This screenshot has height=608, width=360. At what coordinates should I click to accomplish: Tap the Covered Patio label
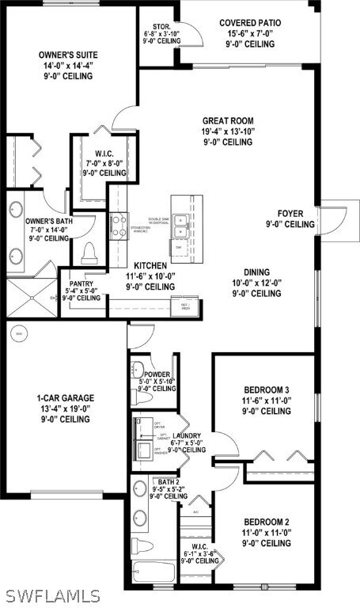249,23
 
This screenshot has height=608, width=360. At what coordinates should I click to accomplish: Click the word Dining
256,271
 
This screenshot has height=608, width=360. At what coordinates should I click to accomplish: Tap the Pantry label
83,283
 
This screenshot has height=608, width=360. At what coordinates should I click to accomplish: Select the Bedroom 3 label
267,389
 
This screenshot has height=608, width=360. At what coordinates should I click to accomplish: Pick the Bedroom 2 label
267,522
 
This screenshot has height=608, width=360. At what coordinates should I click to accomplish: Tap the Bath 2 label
169,481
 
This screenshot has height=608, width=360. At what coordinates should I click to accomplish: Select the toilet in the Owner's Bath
89,252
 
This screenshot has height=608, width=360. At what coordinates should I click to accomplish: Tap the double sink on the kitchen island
181,224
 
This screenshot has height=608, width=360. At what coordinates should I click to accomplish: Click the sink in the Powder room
138,369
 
